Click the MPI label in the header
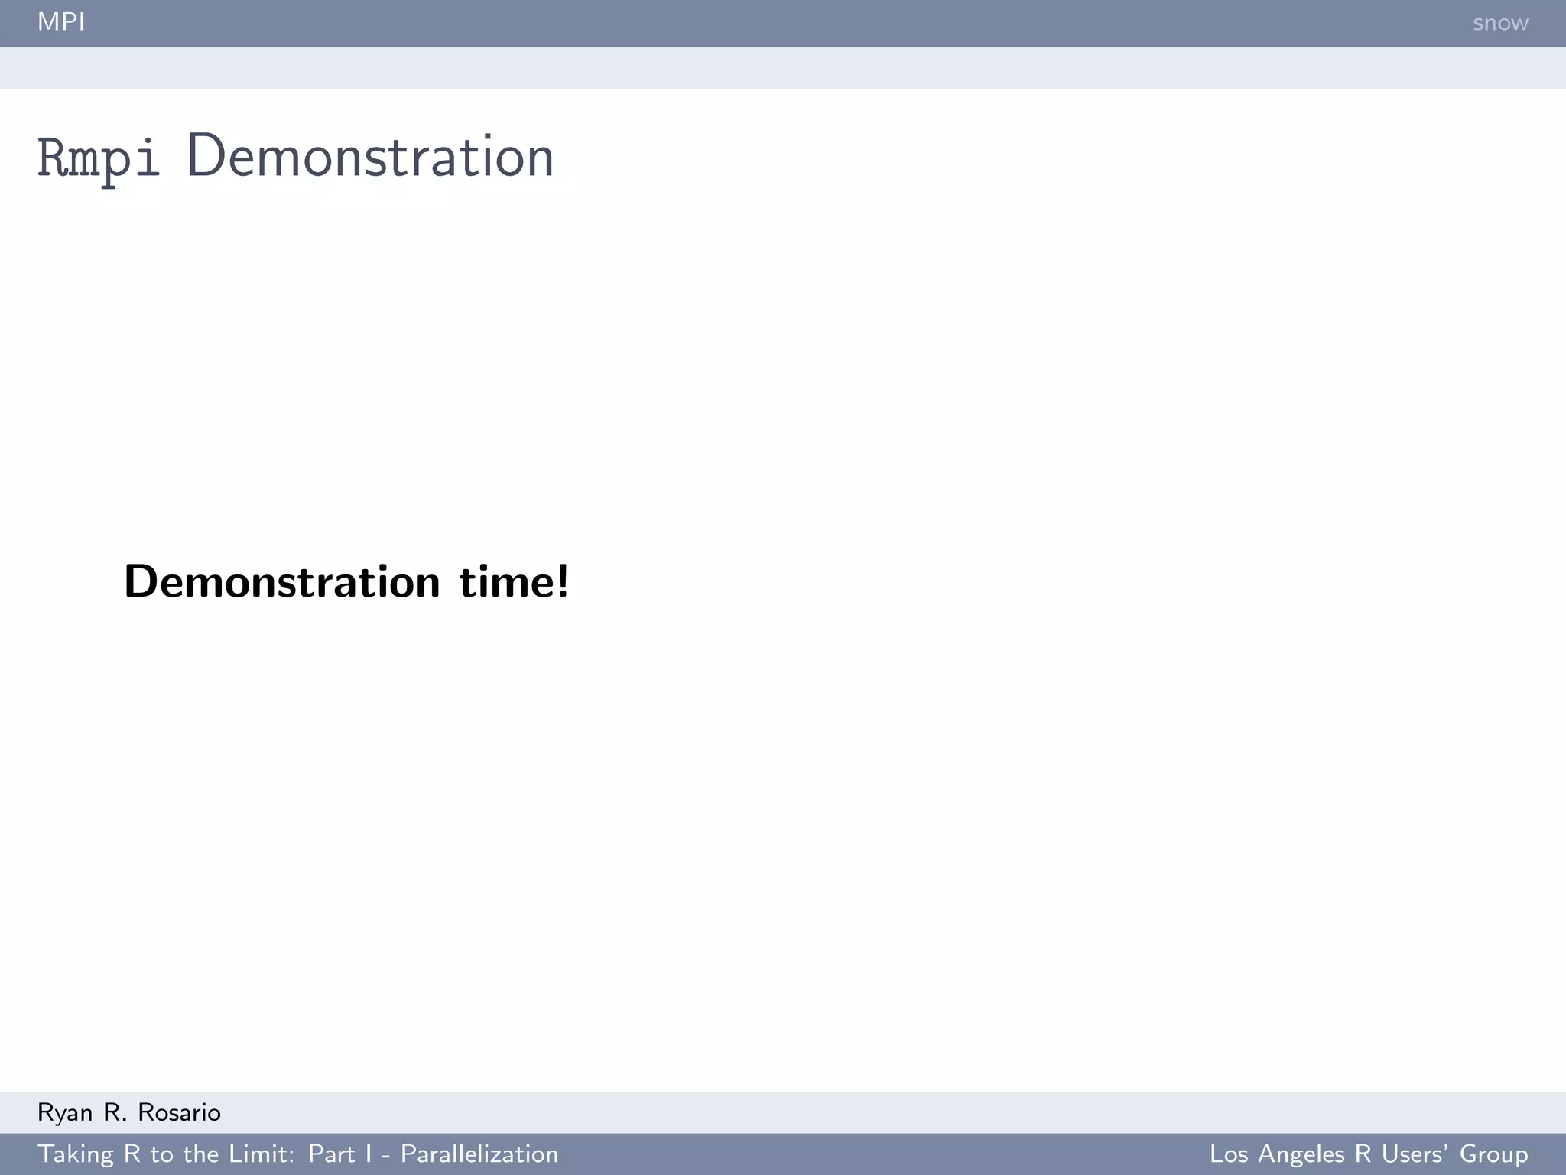click(61, 22)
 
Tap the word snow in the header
click(1499, 24)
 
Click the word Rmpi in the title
click(99, 158)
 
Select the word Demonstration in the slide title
click(370, 157)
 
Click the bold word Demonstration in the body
click(282, 582)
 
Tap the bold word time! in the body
click(514, 582)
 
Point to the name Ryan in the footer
click(65, 1113)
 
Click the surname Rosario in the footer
click(180, 1113)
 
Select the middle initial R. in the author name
click(115, 1113)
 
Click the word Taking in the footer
click(76, 1154)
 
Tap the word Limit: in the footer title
click(258, 1154)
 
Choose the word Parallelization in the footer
click(479, 1154)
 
